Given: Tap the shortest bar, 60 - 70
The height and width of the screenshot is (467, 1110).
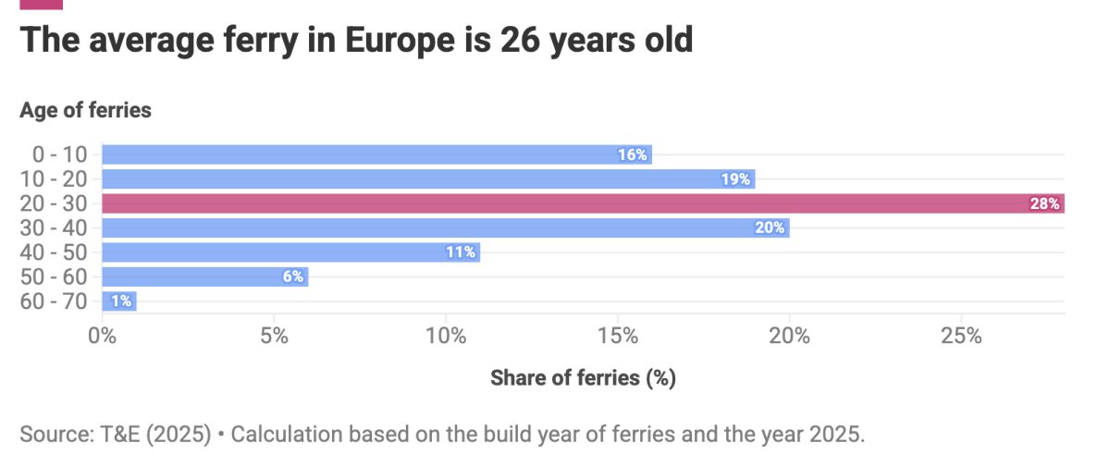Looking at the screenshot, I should (118, 301).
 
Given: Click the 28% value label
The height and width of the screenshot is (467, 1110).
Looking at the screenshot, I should (1044, 203).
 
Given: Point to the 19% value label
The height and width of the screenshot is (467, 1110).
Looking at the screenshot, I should (735, 179).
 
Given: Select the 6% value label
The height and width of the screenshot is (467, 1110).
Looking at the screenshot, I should (292, 277).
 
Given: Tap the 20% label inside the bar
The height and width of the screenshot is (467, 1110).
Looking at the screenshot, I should (770, 227).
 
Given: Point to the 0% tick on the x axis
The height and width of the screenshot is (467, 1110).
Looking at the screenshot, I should (102, 337).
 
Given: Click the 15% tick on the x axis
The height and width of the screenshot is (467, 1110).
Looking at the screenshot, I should (618, 337).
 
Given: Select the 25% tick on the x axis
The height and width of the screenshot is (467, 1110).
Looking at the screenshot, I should (961, 337).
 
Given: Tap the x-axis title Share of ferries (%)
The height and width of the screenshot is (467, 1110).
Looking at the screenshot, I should (583, 377).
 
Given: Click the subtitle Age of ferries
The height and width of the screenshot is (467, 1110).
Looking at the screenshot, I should (85, 110).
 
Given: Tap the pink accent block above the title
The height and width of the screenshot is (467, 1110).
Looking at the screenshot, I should (41, 4).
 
